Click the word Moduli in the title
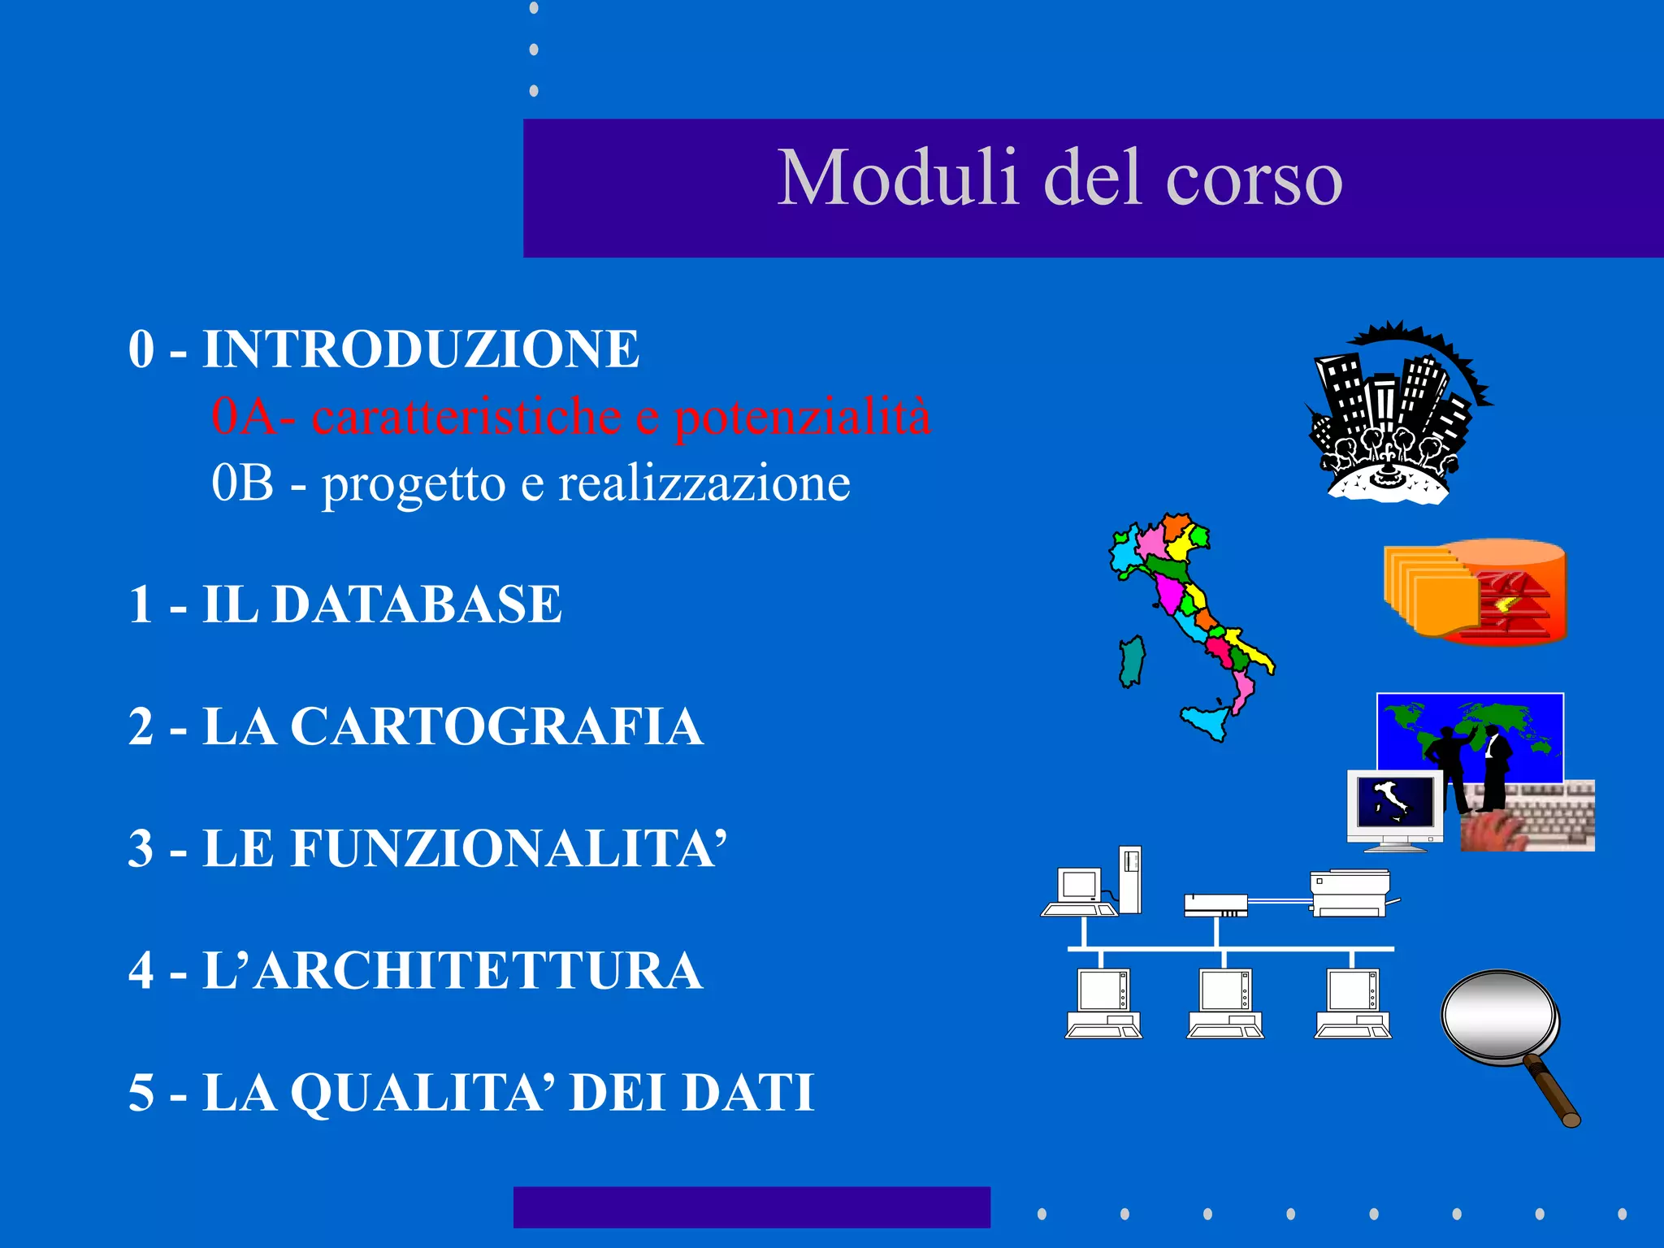point(898,178)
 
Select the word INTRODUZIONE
point(421,349)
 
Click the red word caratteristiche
point(466,417)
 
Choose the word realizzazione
point(704,484)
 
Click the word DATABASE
point(417,604)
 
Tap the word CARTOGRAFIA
point(496,726)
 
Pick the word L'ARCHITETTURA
point(453,970)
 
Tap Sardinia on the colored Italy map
point(1132,661)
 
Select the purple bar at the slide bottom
point(752,1207)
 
